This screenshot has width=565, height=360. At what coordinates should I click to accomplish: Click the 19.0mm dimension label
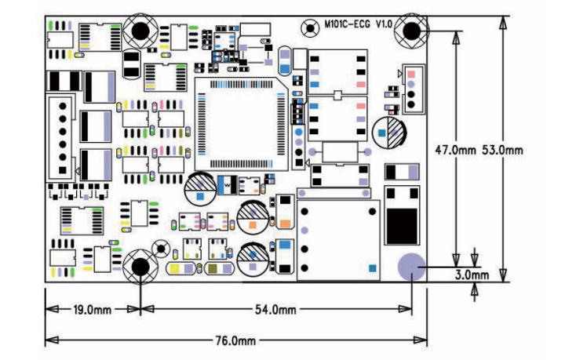[92, 310]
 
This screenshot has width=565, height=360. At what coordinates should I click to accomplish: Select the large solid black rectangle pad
[403, 227]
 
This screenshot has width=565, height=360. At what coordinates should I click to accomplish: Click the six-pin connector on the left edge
[61, 136]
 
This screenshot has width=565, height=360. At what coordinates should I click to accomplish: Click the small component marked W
[226, 185]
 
